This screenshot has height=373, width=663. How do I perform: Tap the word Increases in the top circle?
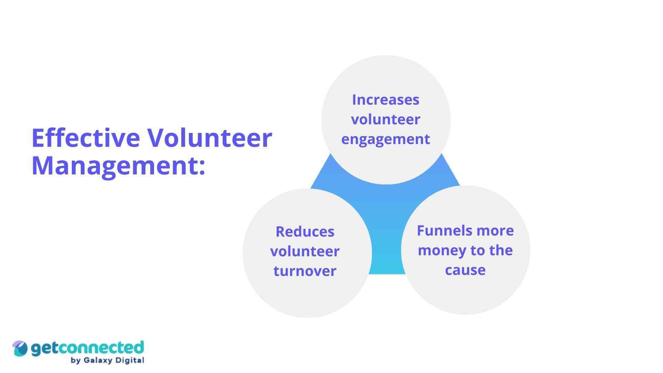[386, 100]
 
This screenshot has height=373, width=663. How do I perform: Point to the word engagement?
[386, 139]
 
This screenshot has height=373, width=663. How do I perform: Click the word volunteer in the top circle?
[386, 119]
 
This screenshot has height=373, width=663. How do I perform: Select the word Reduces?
[305, 232]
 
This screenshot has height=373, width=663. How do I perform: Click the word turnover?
[305, 271]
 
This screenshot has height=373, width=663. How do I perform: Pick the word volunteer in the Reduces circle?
[305, 251]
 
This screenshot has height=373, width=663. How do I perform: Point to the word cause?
[465, 270]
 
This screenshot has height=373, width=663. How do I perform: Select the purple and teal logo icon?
[20, 348]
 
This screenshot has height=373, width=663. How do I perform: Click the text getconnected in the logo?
[87, 348]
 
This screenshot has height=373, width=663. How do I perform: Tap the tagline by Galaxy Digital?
[107, 361]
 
